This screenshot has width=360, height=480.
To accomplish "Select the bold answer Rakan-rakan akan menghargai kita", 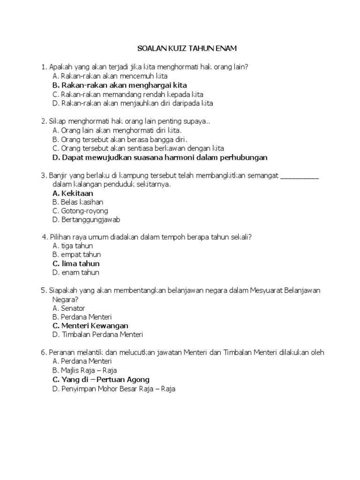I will pos(120,85).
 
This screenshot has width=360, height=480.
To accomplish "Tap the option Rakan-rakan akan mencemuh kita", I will pos(110,76).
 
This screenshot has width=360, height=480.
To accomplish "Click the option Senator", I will pos(69,308).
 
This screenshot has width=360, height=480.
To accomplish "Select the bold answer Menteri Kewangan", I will pos(90,326).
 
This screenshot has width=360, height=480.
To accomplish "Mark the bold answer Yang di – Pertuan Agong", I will pos(101,379).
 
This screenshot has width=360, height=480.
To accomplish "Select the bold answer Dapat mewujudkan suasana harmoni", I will pos(160,157).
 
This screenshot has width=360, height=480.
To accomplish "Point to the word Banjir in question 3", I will pos(58,175).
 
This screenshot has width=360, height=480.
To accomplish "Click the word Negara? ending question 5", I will pos(65,299).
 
